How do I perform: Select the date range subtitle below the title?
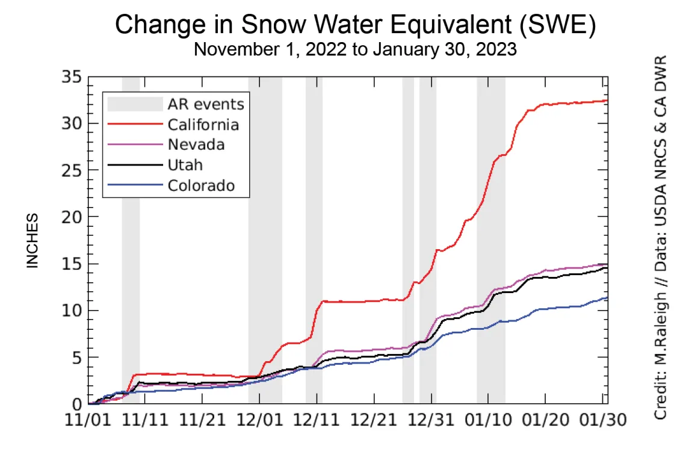point(355,49)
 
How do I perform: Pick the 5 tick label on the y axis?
point(77,358)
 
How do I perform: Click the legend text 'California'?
point(203,125)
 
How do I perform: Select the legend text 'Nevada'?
point(196,144)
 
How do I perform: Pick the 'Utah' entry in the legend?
point(185,165)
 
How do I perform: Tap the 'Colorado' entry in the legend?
point(201,185)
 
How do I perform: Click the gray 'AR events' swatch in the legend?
point(135,104)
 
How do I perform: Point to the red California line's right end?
point(607,101)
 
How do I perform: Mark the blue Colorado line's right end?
point(607,297)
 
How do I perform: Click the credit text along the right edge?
point(661,238)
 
